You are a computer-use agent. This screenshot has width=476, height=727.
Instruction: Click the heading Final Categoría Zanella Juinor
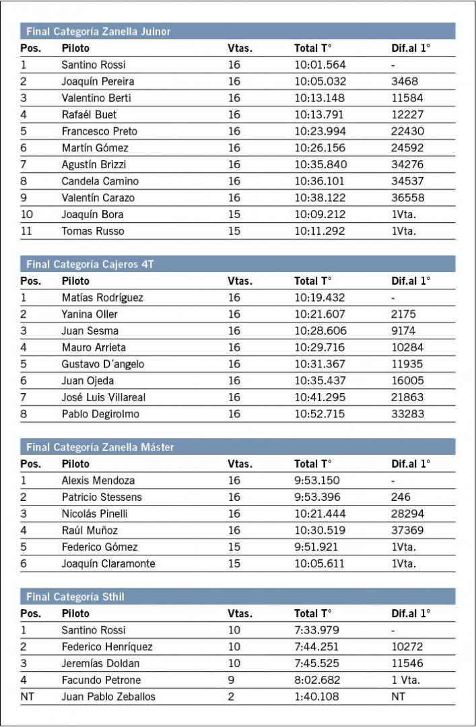[98, 32]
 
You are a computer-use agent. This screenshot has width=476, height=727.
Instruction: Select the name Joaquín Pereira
[98, 81]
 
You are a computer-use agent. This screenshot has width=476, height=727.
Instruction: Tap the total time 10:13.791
[320, 114]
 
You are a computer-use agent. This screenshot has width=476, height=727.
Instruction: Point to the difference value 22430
[407, 131]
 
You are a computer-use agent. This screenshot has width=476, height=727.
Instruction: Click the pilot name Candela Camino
[100, 181]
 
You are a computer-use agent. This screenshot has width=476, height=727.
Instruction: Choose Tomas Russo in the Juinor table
[93, 231]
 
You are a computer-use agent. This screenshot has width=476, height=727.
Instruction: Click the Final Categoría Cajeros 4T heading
[91, 265]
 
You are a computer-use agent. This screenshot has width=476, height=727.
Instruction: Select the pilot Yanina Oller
[89, 314]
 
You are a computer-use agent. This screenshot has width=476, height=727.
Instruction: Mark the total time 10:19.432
[320, 298]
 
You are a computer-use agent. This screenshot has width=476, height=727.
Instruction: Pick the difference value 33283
[407, 414]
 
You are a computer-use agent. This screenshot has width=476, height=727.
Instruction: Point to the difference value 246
[400, 497]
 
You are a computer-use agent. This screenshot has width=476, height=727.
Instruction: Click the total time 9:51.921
[317, 547]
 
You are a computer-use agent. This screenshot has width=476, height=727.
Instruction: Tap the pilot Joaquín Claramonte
[108, 564]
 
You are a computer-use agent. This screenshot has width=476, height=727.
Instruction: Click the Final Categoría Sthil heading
[75, 597]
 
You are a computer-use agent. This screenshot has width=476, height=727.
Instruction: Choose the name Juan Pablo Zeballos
[108, 697]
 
